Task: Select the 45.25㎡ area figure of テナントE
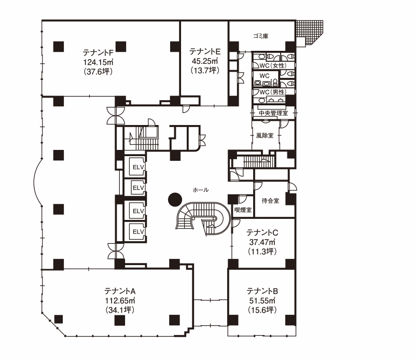tap(205, 61)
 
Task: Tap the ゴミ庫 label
tap(261, 36)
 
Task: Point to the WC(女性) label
tap(273, 65)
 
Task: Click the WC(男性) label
tap(273, 92)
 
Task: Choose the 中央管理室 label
tap(273, 113)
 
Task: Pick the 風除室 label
tap(265, 135)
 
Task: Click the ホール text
tap(201, 190)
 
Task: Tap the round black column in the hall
tap(175, 200)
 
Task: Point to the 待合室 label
tap(270, 201)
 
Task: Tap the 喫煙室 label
tap(243, 210)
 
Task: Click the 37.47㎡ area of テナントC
tap(262, 242)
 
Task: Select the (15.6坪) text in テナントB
tap(262, 310)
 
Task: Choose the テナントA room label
tap(120, 291)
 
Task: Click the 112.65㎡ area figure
tap(120, 300)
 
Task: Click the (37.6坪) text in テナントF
tap(98, 72)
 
